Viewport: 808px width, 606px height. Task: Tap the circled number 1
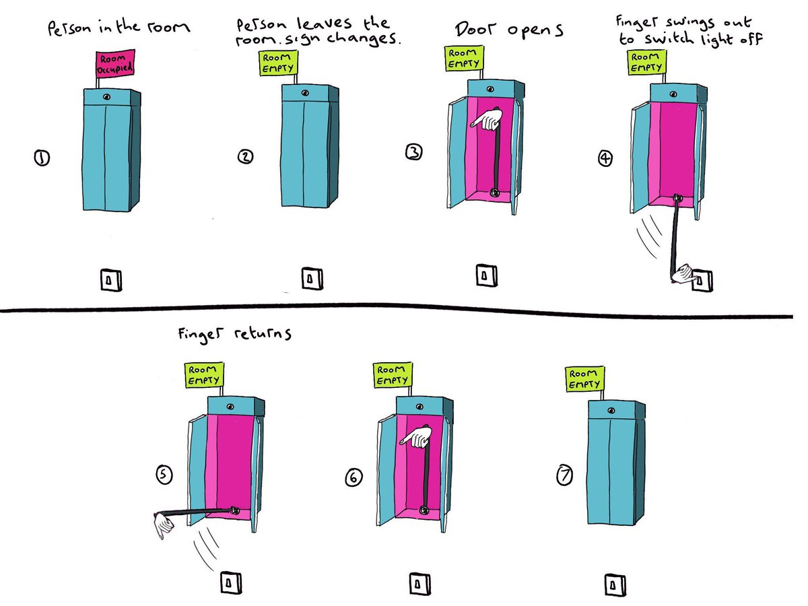pos(42,159)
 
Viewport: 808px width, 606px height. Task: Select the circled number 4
pos(606,159)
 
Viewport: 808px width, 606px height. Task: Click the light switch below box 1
pos(111,279)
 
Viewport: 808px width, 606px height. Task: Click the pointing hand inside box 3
pos(486,121)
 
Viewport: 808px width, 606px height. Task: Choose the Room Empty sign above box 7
pos(584,380)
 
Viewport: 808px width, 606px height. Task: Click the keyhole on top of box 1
pos(107,97)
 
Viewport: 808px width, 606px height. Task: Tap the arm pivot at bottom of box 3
pos(494,192)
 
